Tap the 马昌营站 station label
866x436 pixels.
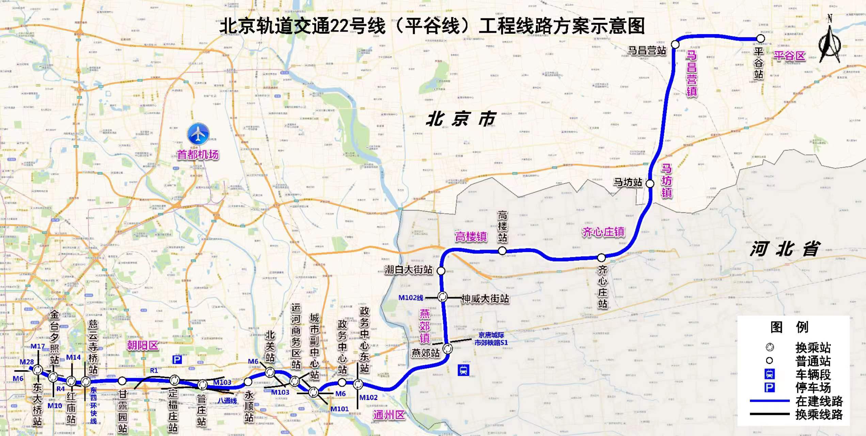pyautogui.click(x=647, y=51)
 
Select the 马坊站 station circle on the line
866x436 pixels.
pyautogui.click(x=650, y=184)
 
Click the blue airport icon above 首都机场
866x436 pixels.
pyautogui.click(x=198, y=134)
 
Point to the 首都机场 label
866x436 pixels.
pyautogui.click(x=198, y=155)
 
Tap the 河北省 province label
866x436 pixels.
pyautogui.click(x=785, y=249)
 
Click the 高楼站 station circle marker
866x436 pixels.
pyautogui.click(x=502, y=251)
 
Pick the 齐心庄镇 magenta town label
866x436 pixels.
pyautogui.click(x=603, y=232)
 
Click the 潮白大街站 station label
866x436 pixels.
pyautogui.click(x=408, y=270)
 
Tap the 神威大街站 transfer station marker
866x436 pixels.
pyautogui.click(x=442, y=297)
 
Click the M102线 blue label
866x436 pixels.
pyautogui.click(x=411, y=298)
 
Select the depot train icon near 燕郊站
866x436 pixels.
pyautogui.click(x=463, y=370)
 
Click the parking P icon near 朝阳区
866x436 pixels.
pyautogui.click(x=177, y=360)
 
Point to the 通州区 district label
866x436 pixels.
pyautogui.click(x=389, y=415)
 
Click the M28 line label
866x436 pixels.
pyautogui.click(x=27, y=362)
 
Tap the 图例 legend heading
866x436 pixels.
pyautogui.click(x=789, y=327)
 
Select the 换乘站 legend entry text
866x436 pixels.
pyautogui.click(x=813, y=348)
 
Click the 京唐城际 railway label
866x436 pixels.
pyautogui.click(x=491, y=335)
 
